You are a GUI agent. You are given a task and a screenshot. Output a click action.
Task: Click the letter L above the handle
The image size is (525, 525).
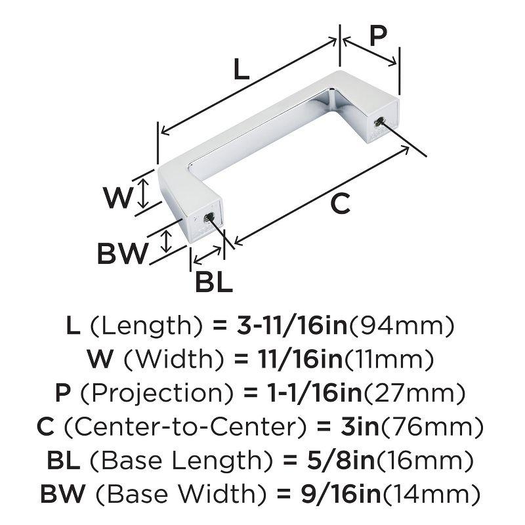click(x=241, y=69)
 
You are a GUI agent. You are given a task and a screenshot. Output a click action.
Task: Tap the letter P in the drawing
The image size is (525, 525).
click(x=379, y=35)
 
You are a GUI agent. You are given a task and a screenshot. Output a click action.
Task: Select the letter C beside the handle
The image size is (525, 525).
click(x=340, y=204)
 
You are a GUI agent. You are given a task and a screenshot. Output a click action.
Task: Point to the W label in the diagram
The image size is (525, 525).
click(x=117, y=198)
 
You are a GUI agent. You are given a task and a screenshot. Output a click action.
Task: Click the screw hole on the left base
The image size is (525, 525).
click(x=209, y=217)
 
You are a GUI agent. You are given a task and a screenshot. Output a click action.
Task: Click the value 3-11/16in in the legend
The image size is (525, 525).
click(x=293, y=325)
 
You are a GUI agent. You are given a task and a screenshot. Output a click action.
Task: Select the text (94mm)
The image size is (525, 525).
click(x=402, y=325)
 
